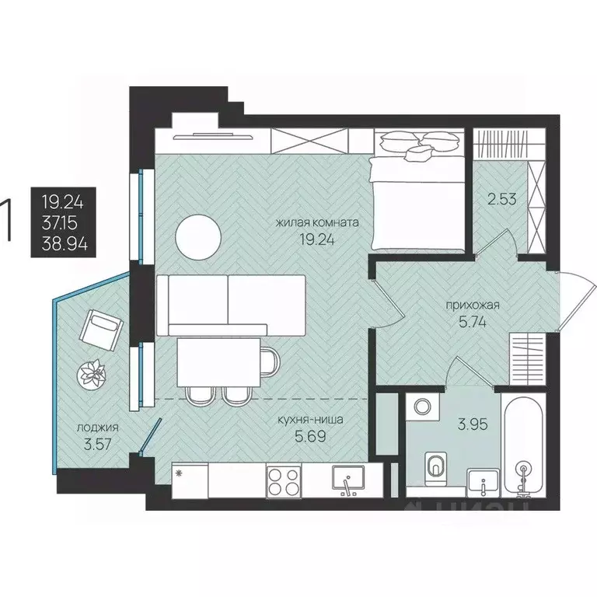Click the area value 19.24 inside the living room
(317, 240)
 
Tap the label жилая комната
(317, 222)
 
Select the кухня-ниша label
(311, 420)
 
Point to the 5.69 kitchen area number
(311, 436)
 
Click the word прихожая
(473, 305)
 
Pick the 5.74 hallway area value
(473, 323)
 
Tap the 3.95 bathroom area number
(473, 424)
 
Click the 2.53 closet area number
(502, 199)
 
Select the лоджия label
(98, 428)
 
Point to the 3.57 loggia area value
(98, 445)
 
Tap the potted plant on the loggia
(91, 374)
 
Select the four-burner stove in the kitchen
(283, 481)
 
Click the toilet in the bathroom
(435, 468)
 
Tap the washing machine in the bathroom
(423, 407)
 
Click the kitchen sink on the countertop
(348, 480)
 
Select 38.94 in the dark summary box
(65, 244)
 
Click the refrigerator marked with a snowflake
(190, 480)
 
